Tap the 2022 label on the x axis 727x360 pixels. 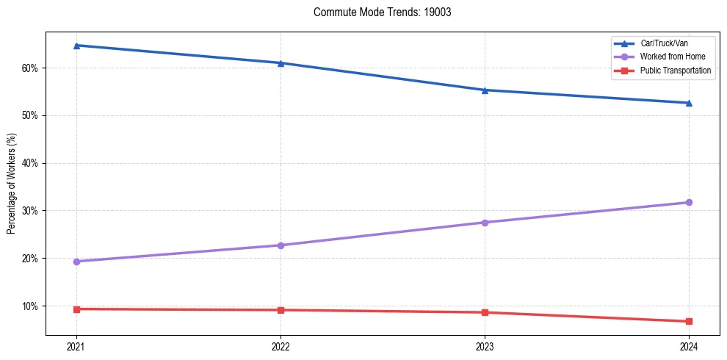pyautogui.click(x=281, y=347)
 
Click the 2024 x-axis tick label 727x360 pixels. pyautogui.click(x=689, y=347)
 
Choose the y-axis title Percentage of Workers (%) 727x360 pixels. pyautogui.click(x=12, y=184)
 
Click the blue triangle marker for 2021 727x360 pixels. pyautogui.click(x=76, y=46)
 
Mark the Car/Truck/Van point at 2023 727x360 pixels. pyautogui.click(x=485, y=90)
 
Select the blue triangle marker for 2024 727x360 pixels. pyautogui.click(x=689, y=103)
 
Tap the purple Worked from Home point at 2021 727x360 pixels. pyautogui.click(x=76, y=262)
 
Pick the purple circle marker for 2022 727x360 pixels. pyautogui.click(x=281, y=245)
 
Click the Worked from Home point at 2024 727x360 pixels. pyautogui.click(x=689, y=202)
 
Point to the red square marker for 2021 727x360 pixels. pyautogui.click(x=76, y=309)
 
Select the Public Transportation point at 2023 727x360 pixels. pyautogui.click(x=485, y=312)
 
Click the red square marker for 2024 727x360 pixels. pyautogui.click(x=689, y=321)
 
